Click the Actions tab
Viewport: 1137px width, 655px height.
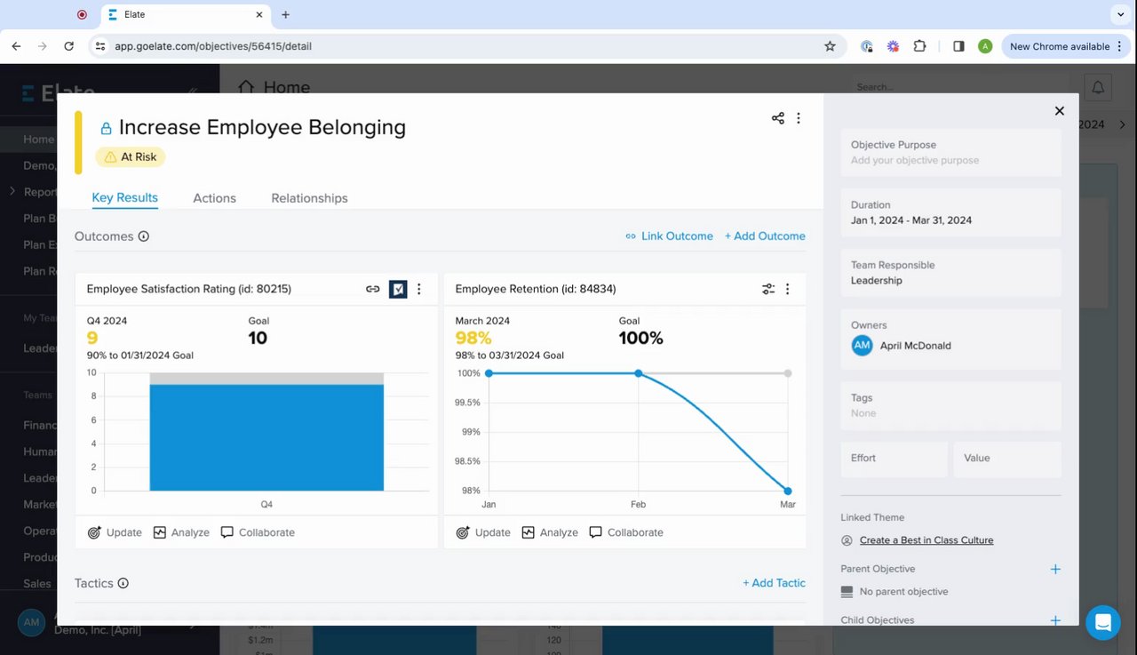(x=214, y=198)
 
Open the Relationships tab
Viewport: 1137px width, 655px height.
(x=309, y=198)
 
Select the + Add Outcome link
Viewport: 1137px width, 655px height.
(x=765, y=236)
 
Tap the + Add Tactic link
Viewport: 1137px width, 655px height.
(x=774, y=583)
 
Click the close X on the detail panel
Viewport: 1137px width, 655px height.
(x=1059, y=111)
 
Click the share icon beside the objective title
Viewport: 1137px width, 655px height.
(x=778, y=118)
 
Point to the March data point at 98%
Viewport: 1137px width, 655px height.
(x=788, y=491)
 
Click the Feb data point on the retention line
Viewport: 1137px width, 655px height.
(x=639, y=373)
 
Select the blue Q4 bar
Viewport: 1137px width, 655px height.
(x=266, y=436)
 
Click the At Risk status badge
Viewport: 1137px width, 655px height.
(x=131, y=157)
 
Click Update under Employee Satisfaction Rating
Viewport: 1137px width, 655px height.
(x=115, y=532)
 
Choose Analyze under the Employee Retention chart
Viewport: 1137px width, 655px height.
(x=550, y=532)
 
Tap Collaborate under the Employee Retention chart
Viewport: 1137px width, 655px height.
(x=626, y=532)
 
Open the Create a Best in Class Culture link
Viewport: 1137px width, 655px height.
(x=926, y=540)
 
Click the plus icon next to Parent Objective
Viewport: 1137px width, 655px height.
(x=1055, y=569)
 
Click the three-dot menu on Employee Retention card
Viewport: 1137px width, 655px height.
(x=787, y=289)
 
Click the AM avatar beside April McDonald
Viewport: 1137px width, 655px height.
(x=862, y=346)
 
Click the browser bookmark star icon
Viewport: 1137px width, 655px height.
(x=830, y=46)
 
